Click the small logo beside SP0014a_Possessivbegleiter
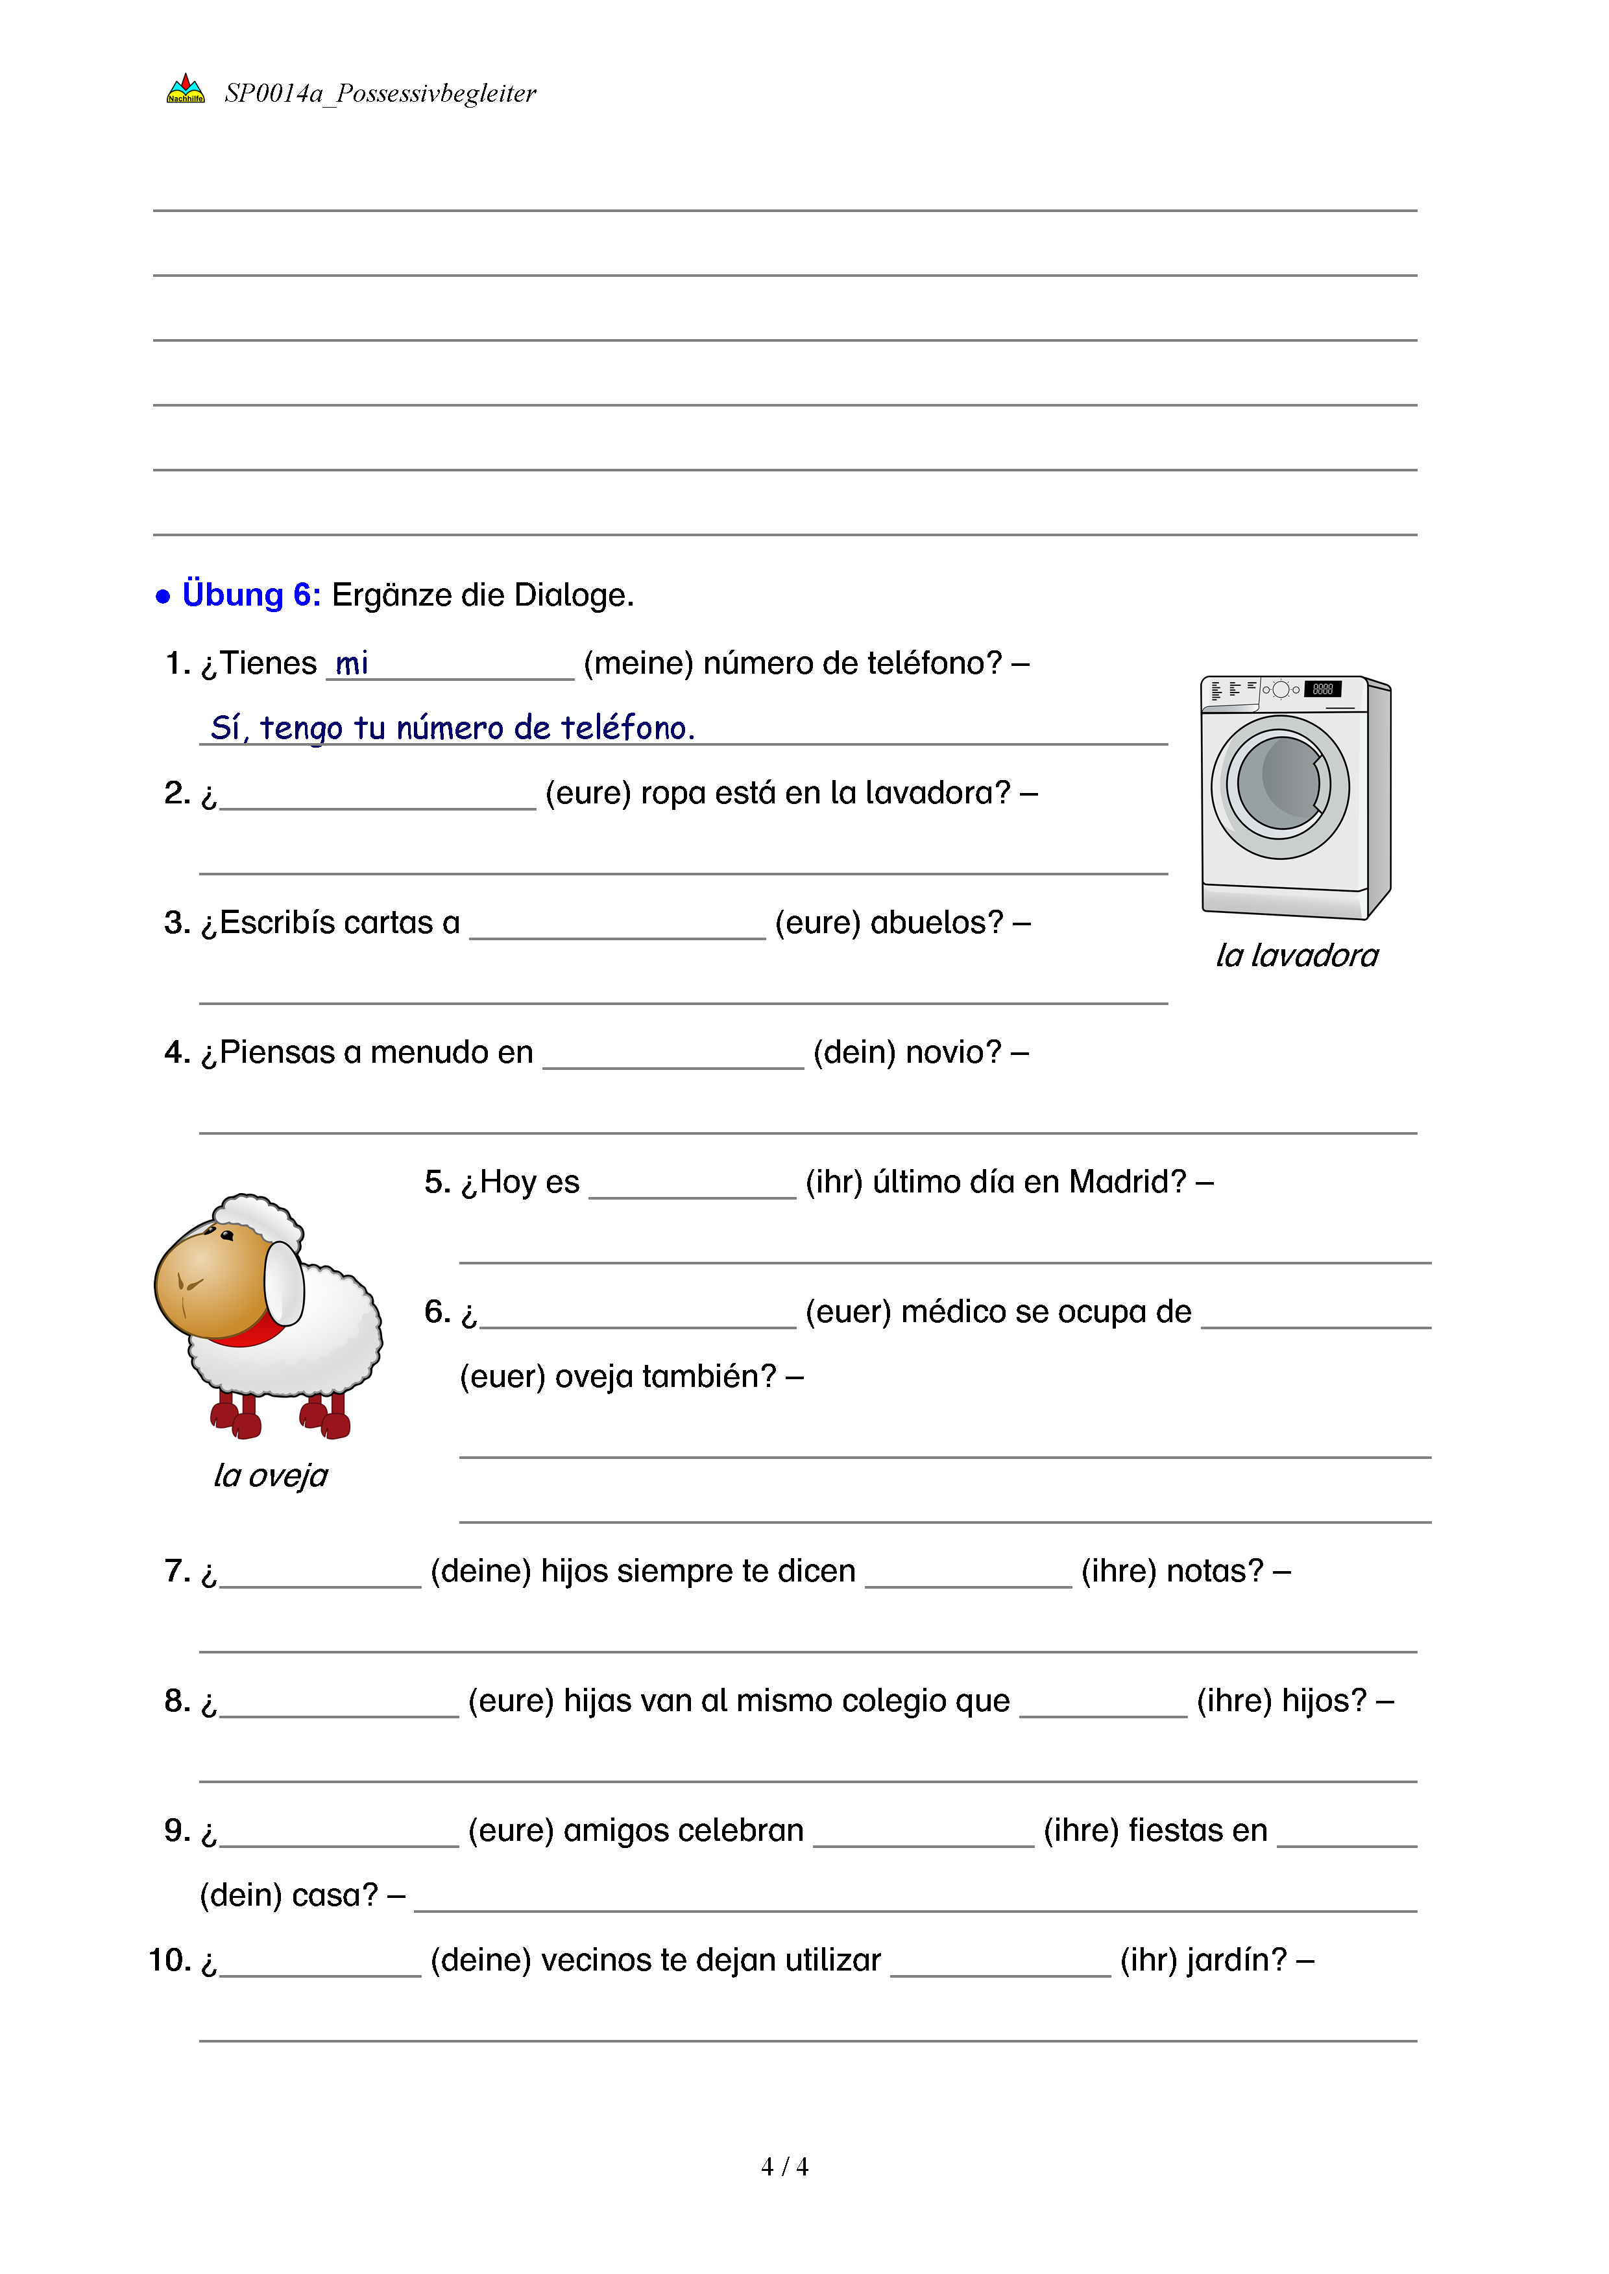click(x=186, y=90)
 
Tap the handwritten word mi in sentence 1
click(x=352, y=663)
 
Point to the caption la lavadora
click(x=1297, y=954)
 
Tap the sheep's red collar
click(x=252, y=1332)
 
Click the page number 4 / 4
click(x=784, y=2167)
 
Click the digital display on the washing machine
click(x=1323, y=689)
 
